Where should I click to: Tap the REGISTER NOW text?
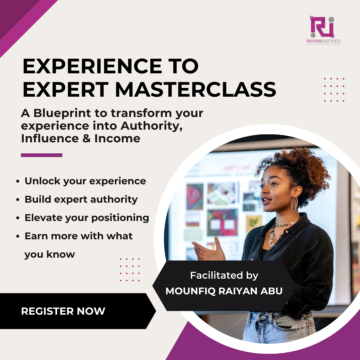point(63,311)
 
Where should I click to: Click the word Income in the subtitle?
point(117,139)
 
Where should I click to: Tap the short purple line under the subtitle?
point(42,155)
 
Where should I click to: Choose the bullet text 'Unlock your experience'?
point(85,181)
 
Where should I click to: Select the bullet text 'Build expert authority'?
point(81,199)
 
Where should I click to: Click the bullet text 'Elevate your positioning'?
point(87,218)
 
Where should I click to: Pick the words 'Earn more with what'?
point(79,236)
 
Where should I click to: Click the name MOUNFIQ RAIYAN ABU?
point(224,291)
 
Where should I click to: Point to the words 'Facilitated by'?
point(224,275)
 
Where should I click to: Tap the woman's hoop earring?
point(294,204)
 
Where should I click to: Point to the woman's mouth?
point(265,201)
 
